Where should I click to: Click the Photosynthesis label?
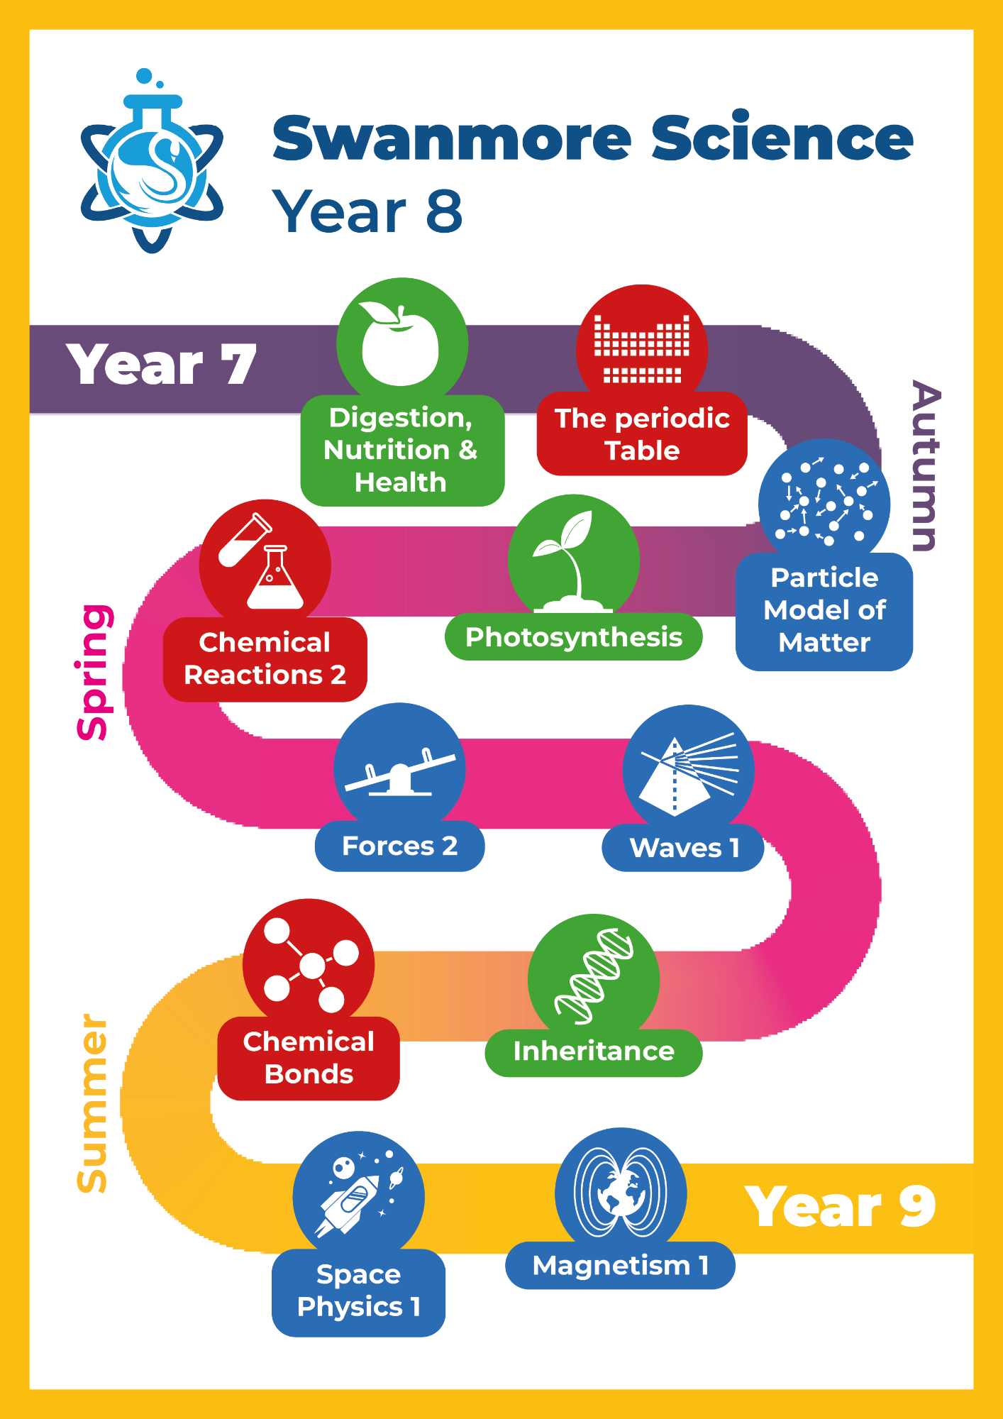coord(573,637)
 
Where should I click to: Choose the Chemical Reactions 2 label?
coord(265,659)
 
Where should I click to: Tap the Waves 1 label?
coord(684,848)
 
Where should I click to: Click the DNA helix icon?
coord(594,976)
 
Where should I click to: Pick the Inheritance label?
coord(594,1051)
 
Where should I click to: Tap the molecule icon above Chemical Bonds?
coord(309,964)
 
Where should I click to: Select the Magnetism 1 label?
coord(620,1266)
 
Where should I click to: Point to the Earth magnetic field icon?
coord(621,1192)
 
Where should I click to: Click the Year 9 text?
coord(840,1207)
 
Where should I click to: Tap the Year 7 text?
coord(161,365)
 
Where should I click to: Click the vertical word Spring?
coord(94,673)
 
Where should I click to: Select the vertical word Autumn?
coord(926,466)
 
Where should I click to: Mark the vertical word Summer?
coord(92,1103)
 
